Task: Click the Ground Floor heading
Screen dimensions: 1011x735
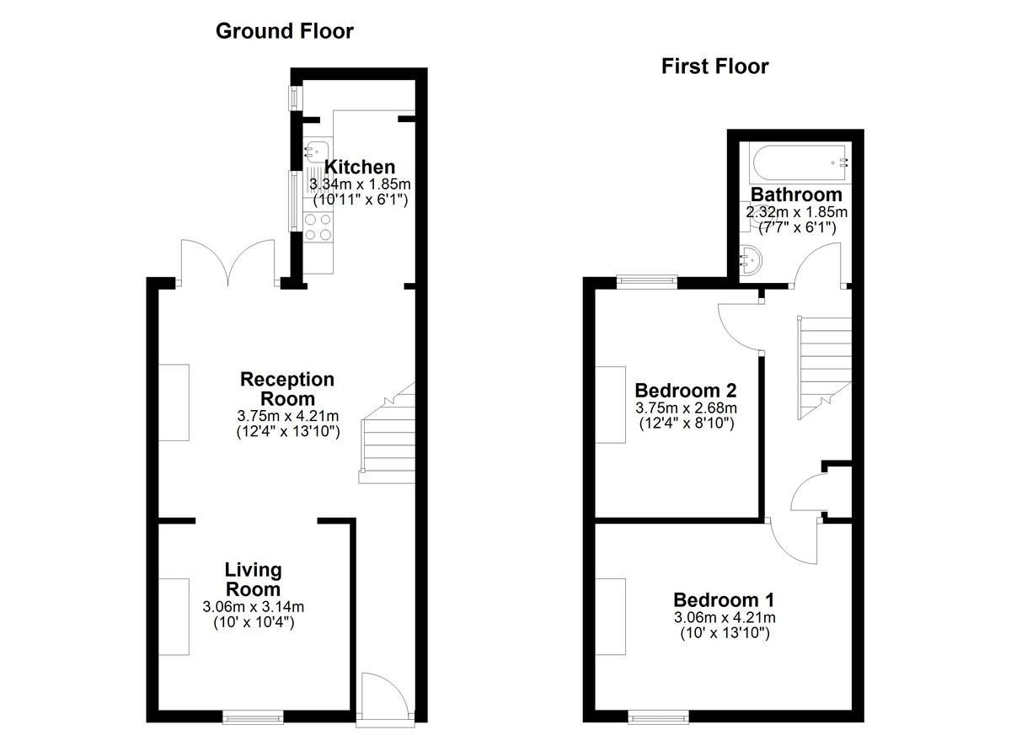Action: (x=285, y=31)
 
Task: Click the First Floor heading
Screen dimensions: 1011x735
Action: (x=715, y=67)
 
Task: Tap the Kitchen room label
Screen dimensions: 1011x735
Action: (x=360, y=167)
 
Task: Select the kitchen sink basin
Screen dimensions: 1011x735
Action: (x=316, y=151)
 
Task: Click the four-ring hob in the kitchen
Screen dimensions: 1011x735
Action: (x=318, y=227)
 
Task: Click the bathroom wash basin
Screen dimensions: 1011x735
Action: (x=750, y=259)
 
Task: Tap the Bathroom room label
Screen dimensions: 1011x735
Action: (x=797, y=194)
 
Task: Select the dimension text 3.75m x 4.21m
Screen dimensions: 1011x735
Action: (x=288, y=416)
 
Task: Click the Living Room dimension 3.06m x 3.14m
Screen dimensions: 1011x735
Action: (x=254, y=606)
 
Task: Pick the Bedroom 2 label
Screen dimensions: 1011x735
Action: (x=686, y=390)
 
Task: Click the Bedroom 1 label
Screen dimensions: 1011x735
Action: (x=724, y=599)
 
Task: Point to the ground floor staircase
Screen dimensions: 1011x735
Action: (x=388, y=434)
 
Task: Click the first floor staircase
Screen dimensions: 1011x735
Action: (x=824, y=367)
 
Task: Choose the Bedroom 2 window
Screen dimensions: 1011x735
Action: (x=647, y=282)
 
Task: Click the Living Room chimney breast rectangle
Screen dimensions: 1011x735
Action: (x=174, y=616)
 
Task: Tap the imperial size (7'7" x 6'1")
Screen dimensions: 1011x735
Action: (x=797, y=227)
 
